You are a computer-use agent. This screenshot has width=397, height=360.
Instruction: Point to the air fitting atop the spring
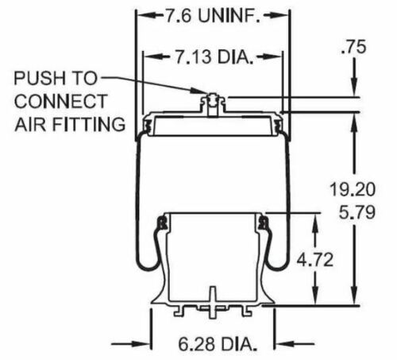point(210,101)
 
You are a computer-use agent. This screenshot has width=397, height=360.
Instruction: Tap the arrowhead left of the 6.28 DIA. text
point(146,344)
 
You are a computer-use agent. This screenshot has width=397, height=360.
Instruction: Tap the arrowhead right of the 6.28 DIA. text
point(279,344)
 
